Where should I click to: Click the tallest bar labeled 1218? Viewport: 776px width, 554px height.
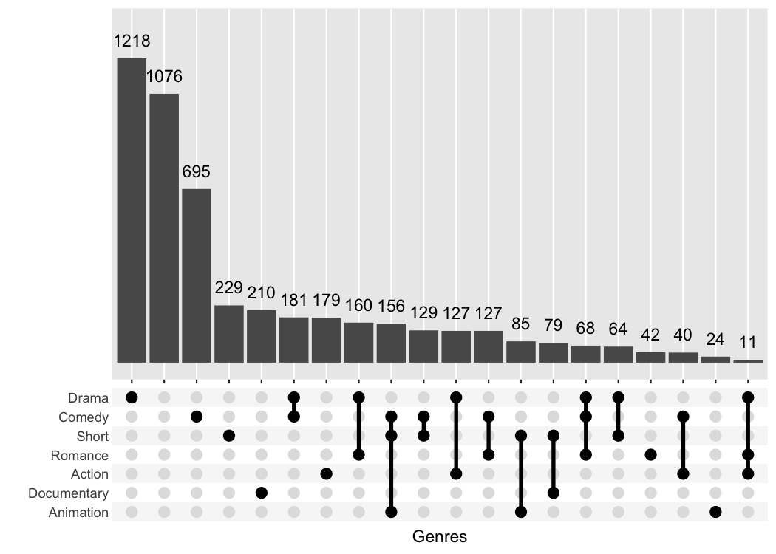click(132, 211)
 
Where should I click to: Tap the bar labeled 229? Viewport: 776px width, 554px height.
click(229, 334)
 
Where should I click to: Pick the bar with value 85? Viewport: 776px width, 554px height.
click(521, 352)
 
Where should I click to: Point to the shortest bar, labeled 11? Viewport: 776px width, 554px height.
click(748, 361)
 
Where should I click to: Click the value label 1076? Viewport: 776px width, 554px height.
click(164, 76)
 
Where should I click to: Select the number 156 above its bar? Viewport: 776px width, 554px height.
click(391, 306)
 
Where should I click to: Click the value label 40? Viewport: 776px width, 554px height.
click(683, 335)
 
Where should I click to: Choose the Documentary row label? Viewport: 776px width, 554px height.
click(68, 493)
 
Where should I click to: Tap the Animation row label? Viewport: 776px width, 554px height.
click(78, 513)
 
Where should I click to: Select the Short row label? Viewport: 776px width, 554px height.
click(92, 437)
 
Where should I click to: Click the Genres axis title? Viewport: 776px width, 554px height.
click(440, 537)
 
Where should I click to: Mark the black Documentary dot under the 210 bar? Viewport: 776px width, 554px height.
click(262, 493)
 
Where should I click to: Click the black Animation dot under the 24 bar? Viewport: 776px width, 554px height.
click(715, 512)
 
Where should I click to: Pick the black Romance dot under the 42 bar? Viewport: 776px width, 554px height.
click(650, 455)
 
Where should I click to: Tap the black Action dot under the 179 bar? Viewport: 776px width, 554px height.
click(326, 473)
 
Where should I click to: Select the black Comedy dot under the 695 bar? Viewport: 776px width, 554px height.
click(197, 417)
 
